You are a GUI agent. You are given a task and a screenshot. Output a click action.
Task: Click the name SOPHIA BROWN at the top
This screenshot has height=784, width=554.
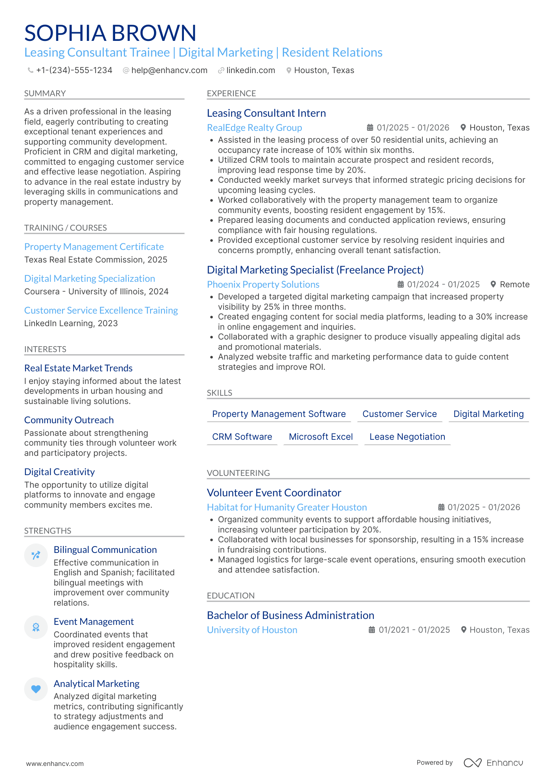(x=110, y=33)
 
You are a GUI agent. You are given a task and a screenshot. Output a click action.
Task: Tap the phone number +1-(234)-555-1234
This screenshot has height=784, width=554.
(x=74, y=70)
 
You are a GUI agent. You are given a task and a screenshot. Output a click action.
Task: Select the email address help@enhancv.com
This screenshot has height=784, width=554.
(x=169, y=70)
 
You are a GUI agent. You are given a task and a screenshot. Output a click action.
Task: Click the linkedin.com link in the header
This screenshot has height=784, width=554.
(x=250, y=70)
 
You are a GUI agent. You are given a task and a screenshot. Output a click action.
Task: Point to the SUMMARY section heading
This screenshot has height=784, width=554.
(x=45, y=94)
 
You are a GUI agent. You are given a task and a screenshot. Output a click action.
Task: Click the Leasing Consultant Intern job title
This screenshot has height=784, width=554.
(x=266, y=113)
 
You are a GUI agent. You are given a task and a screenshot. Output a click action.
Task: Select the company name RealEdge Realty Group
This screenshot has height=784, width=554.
(x=254, y=128)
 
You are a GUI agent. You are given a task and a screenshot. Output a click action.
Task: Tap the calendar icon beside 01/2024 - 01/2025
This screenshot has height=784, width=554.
(x=400, y=284)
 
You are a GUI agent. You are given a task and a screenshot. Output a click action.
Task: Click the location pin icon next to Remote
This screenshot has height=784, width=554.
(x=493, y=284)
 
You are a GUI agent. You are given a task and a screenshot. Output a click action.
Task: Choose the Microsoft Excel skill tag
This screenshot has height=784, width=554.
(x=321, y=437)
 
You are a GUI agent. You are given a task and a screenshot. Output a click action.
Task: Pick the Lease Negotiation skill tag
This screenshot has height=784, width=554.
(x=407, y=437)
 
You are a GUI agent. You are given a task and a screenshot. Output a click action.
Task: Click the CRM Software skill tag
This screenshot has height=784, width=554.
(x=242, y=437)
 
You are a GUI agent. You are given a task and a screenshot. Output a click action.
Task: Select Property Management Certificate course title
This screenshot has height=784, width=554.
(x=94, y=247)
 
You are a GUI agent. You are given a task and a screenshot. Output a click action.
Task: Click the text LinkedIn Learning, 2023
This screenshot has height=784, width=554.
(x=71, y=323)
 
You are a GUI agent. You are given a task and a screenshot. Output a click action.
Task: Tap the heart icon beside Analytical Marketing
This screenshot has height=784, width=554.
(x=36, y=689)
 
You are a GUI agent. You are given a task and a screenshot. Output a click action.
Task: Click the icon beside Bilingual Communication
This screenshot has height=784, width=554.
(x=36, y=555)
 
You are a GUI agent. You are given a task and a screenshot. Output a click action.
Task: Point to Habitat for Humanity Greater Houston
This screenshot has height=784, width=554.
(x=287, y=507)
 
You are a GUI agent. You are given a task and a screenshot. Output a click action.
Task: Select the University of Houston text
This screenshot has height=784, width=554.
(x=252, y=630)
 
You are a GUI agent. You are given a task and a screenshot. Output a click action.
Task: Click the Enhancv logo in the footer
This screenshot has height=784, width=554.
(x=493, y=763)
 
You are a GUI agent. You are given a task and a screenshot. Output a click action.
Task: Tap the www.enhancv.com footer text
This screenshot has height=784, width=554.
(x=55, y=764)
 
